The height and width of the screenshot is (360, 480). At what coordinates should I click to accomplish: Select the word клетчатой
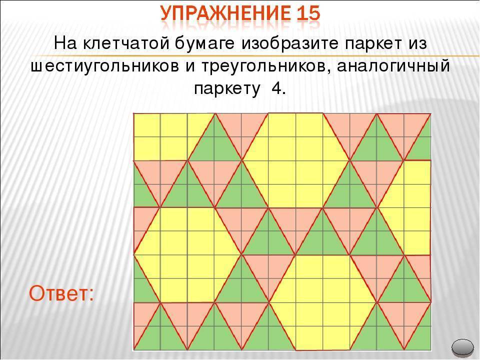pyautogui.click(x=126, y=44)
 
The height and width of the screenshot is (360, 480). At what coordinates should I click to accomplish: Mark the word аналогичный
pyautogui.click(x=393, y=66)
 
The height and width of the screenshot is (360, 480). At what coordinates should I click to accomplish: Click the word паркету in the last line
pyautogui.click(x=227, y=89)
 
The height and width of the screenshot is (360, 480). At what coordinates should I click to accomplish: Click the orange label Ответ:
pyautogui.click(x=61, y=293)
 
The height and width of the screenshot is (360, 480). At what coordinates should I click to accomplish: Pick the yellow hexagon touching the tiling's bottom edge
pyautogui.click(x=322, y=302)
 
